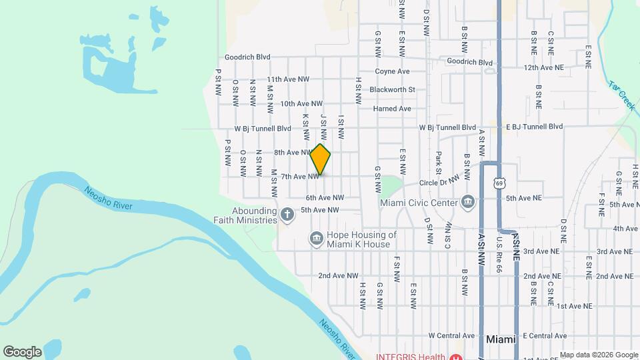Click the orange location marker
pyautogui.click(x=321, y=159)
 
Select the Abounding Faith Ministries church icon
pyautogui.click(x=287, y=214)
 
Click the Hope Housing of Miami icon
pyautogui.click(x=316, y=238)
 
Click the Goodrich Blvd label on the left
pyautogui.click(x=247, y=57)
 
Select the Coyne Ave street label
pyautogui.click(x=392, y=71)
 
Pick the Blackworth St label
pyautogui.click(x=392, y=89)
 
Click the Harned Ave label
pyautogui.click(x=392, y=109)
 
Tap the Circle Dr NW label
pyautogui.click(x=439, y=181)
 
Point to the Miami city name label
pyautogui.click(x=501, y=339)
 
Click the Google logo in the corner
pyautogui.click(x=22, y=351)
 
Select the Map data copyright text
pyautogui.click(x=599, y=355)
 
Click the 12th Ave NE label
pyautogui.click(x=544, y=68)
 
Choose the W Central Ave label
pyautogui.click(x=452, y=336)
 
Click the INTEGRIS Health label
pyautogui.click(x=413, y=356)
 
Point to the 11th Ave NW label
pyautogui.click(x=288, y=79)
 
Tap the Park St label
pyautogui.click(x=438, y=163)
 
